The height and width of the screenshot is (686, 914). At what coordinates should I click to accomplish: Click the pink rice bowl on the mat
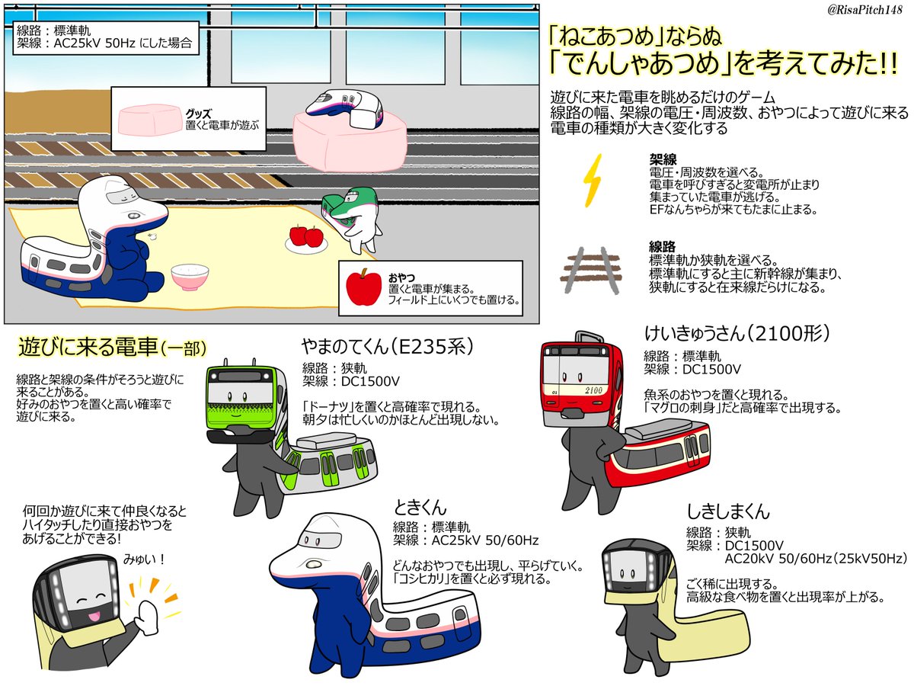pyautogui.click(x=187, y=277)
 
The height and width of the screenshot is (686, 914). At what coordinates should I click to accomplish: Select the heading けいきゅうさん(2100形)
pyautogui.click(x=736, y=333)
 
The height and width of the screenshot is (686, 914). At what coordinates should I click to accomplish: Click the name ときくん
pyautogui.click(x=420, y=508)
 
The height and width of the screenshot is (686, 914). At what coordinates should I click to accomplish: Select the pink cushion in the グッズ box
pyautogui.click(x=148, y=121)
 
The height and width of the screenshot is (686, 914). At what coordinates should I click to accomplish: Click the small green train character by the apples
pyautogui.click(x=350, y=220)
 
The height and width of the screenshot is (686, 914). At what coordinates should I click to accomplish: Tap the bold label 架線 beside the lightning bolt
pyautogui.click(x=659, y=162)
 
